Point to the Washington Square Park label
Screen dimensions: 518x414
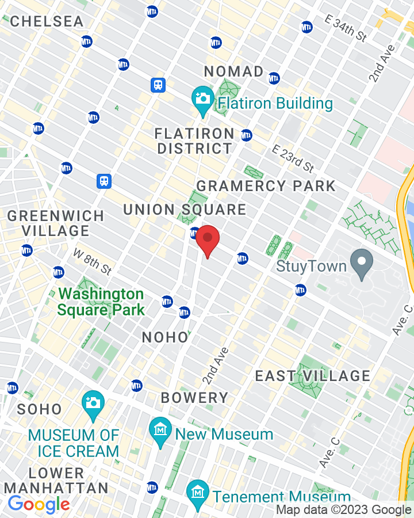(x=101, y=302)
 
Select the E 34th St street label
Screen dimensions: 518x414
(x=346, y=28)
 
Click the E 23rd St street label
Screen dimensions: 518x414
(x=293, y=159)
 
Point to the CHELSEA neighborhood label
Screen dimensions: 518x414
(x=47, y=21)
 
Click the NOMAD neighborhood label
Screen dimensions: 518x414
(x=234, y=71)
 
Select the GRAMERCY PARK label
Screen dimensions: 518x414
(x=266, y=186)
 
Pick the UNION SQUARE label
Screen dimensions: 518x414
(x=185, y=210)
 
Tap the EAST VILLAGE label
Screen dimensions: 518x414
(x=313, y=376)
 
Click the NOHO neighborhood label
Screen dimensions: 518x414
(x=165, y=337)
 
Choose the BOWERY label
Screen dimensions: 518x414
(x=194, y=398)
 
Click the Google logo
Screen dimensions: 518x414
(x=39, y=505)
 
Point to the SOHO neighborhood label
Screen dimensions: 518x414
(x=40, y=409)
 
